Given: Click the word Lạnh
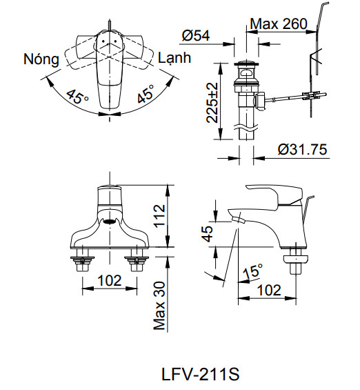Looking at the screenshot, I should click(x=174, y=57).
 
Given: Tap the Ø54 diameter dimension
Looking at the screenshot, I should click(x=198, y=35).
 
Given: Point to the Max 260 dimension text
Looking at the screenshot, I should click(x=278, y=25).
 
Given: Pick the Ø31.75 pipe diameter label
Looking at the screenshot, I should click(x=302, y=149).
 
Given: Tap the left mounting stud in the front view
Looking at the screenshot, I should click(x=83, y=262).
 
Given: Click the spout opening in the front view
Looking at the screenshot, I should click(x=108, y=222).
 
